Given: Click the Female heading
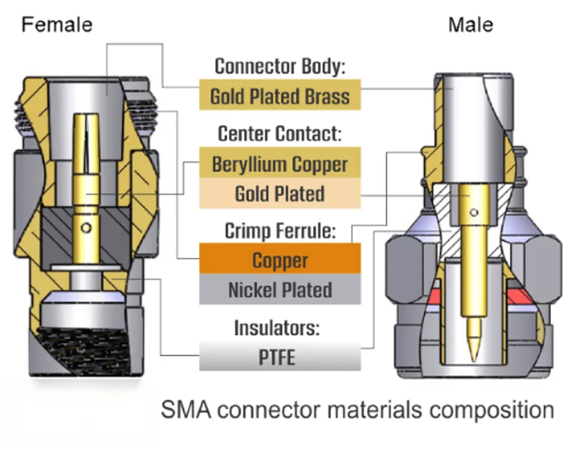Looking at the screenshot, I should tap(57, 25).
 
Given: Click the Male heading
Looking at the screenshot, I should tap(470, 25).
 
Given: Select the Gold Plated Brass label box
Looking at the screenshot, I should tap(280, 96).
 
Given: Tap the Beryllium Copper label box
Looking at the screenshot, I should tap(280, 164).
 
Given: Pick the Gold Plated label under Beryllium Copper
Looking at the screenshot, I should tap(280, 194).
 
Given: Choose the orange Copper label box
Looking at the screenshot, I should tap(280, 260).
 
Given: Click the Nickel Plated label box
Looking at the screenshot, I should tap(280, 290).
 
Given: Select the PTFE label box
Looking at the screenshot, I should tap(280, 358).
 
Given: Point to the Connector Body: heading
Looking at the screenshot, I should tap(280, 66).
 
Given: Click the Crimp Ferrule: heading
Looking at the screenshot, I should tap(280, 231).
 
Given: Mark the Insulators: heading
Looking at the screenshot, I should tap(280, 328).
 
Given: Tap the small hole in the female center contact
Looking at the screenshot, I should tap(86, 228).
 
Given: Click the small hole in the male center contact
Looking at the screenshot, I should tap(474, 213).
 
